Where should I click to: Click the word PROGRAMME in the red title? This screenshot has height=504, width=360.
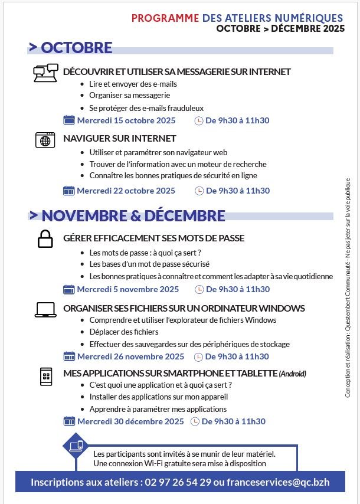pyautogui.click(x=165, y=18)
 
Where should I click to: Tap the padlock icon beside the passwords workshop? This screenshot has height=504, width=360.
pyautogui.click(x=45, y=238)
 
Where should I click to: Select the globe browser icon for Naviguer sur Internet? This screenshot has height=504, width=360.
pyautogui.click(x=45, y=139)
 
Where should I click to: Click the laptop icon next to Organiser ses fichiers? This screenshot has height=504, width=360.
pyautogui.click(x=45, y=309)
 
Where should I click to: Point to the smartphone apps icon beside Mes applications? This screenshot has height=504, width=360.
pyautogui.click(x=45, y=376)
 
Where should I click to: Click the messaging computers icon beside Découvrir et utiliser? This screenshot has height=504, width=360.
pyautogui.click(x=45, y=73)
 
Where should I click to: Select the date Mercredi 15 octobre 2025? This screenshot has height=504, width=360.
pyautogui.click(x=126, y=120)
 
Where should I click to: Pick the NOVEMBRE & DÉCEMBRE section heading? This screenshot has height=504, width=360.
pyautogui.click(x=133, y=215)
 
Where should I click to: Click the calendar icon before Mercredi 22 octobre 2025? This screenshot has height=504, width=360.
pyautogui.click(x=69, y=191)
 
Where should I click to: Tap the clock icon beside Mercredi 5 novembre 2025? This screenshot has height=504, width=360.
pyautogui.click(x=199, y=289)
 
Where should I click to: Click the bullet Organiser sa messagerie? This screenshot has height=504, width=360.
pyautogui.click(x=129, y=95)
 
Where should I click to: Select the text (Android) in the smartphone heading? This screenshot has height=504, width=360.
pyautogui.click(x=293, y=374)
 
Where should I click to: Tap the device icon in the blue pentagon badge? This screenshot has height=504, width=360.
pyautogui.click(x=77, y=446)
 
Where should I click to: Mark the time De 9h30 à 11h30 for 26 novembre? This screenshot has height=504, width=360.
pyautogui.click(x=237, y=356)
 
